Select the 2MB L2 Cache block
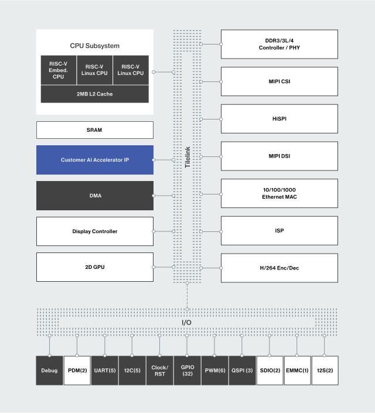pos(94,94)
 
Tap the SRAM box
pos(94,130)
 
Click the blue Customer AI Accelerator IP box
pos(94,160)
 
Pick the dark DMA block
pos(94,196)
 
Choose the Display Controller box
pos(94,231)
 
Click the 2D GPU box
pos(94,267)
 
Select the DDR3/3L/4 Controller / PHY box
pos(279,44)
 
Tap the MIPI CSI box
pos(279,81)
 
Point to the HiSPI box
pos(279,119)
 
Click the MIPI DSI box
pos(279,156)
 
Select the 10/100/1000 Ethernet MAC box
pos(279,194)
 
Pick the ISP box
pos(279,231)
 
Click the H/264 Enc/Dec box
pos(279,268)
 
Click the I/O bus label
pos(187,323)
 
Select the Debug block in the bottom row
pos(50,370)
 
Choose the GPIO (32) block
pos(187,370)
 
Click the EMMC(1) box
pos(297,370)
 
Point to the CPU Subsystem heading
pos(94,45)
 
